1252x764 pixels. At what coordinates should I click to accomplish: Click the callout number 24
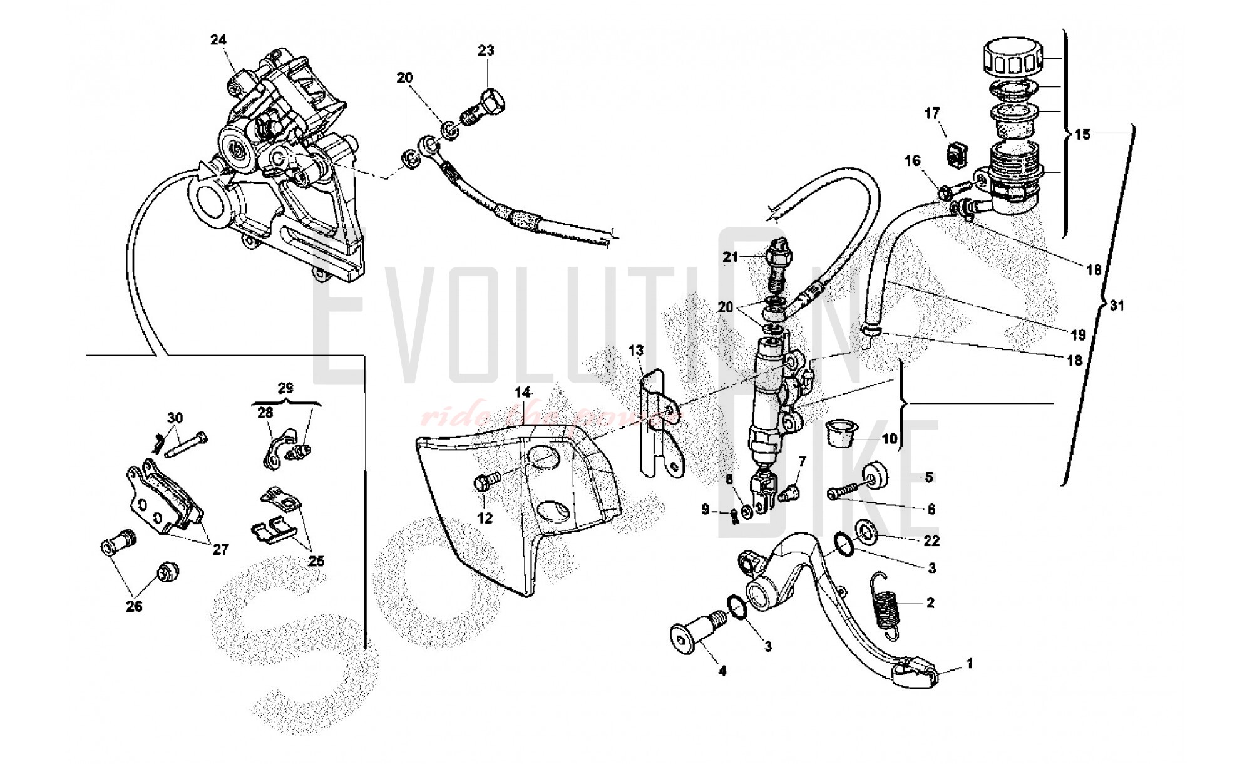point(218,40)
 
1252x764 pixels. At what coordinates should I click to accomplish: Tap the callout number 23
point(486,51)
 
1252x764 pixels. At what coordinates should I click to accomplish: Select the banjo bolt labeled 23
point(486,106)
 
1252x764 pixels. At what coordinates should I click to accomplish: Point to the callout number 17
point(932,113)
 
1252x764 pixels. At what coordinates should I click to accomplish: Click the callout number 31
point(1117,306)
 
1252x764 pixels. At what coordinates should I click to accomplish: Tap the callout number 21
point(731,257)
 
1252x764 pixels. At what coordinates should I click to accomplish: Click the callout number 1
point(970,663)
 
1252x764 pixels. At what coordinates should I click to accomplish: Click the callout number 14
point(523,393)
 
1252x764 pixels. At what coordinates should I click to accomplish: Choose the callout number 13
point(636,351)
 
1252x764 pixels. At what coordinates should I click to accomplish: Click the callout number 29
point(285,388)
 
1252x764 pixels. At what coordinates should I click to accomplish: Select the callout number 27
point(220,549)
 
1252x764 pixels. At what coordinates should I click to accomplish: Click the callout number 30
point(175,418)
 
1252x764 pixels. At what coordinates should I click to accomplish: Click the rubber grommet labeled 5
point(877,477)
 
